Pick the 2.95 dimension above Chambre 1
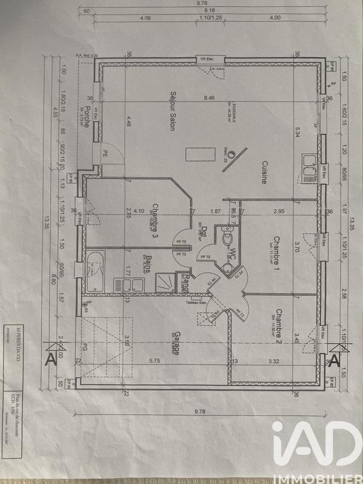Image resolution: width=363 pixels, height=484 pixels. click(278, 211)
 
